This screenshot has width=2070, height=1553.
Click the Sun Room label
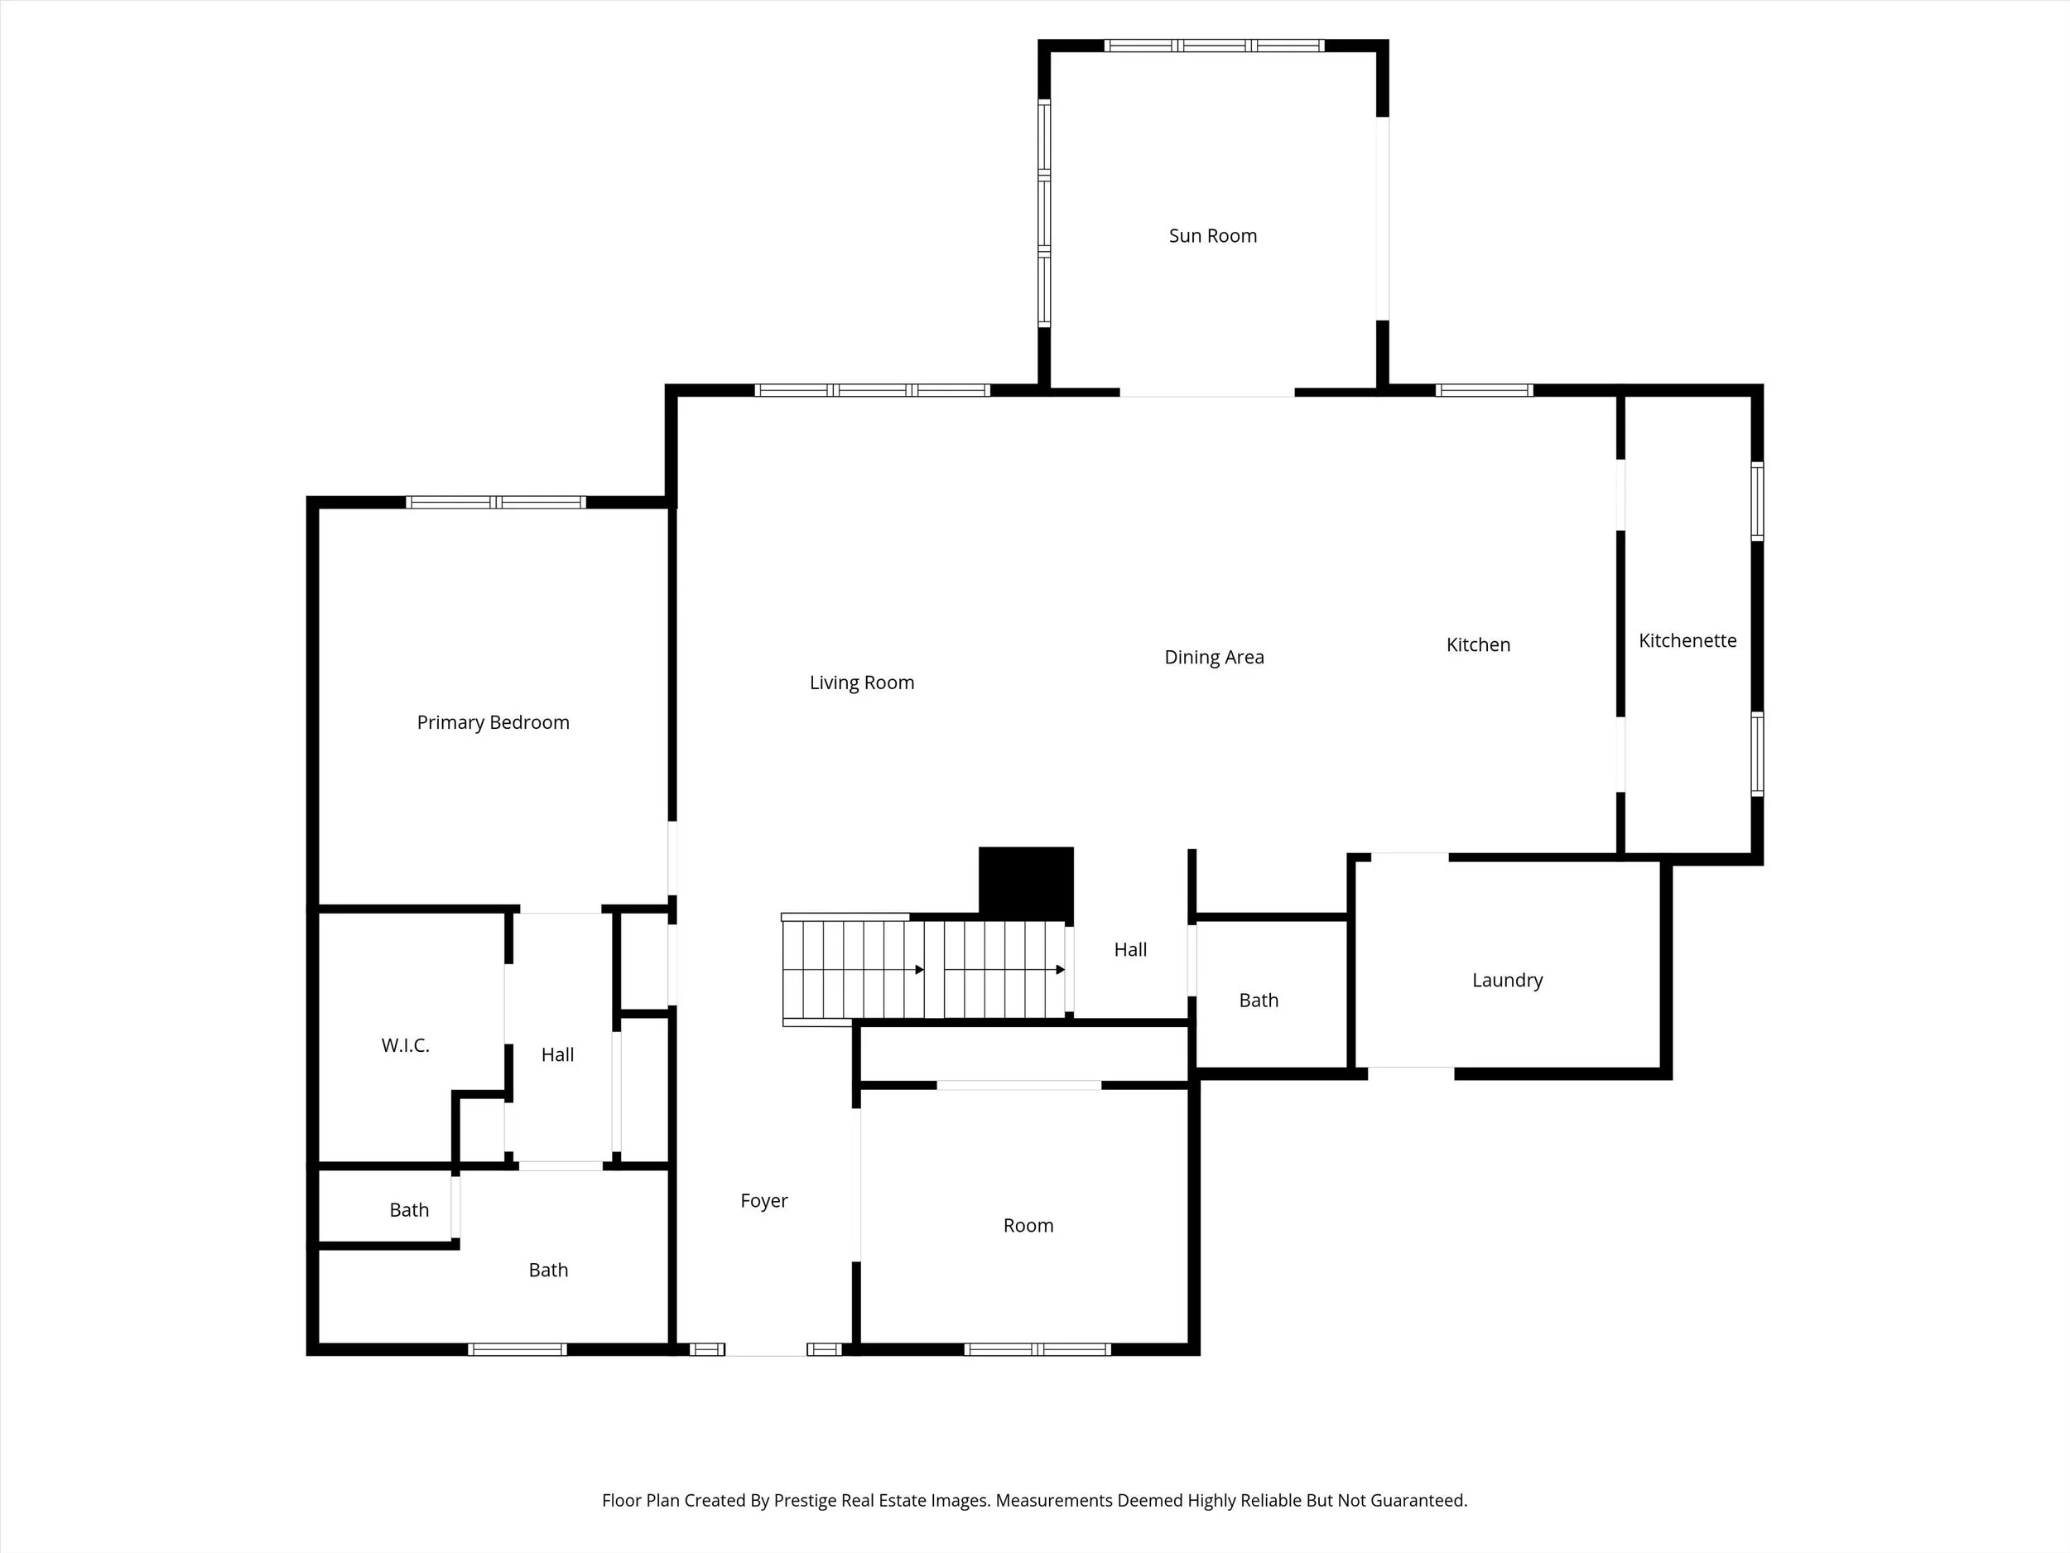[1212, 236]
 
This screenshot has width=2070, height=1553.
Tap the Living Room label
[861, 682]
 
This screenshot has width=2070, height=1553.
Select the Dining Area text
[1214, 657]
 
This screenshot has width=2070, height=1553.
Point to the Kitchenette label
[1687, 640]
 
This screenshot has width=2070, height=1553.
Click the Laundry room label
[1507, 980]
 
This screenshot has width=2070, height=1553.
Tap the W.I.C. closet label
[405, 1044]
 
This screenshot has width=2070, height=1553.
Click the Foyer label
[763, 1200]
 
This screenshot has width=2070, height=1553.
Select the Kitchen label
[1478, 644]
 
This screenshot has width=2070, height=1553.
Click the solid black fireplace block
[1026, 883]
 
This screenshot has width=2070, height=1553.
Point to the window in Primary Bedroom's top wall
[496, 503]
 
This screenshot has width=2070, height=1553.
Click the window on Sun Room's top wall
[1214, 45]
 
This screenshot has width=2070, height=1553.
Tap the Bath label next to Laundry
[1258, 1000]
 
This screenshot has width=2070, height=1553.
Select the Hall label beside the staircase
[1129, 949]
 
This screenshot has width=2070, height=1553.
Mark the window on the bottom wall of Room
[1037, 1349]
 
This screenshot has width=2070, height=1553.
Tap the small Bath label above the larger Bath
[409, 1209]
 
